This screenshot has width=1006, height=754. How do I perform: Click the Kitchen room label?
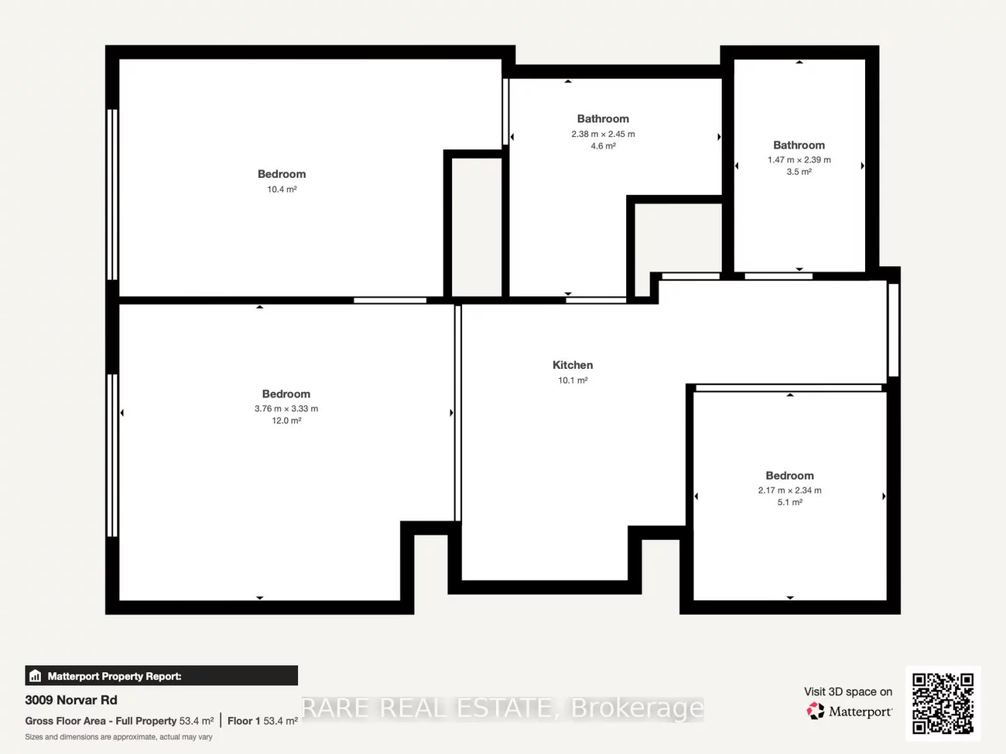point(573,365)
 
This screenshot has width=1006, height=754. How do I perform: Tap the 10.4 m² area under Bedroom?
point(282,189)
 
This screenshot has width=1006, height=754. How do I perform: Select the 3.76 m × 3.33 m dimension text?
point(286,409)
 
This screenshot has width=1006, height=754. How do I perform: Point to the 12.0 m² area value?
point(286,421)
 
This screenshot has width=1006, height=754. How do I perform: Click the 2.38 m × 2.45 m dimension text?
point(603,135)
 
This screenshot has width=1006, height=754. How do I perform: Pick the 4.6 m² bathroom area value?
point(603,146)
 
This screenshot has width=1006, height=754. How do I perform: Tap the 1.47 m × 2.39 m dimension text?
point(799,160)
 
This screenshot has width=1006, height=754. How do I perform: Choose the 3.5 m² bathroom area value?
point(799,172)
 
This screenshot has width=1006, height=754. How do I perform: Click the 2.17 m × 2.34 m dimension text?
point(789,490)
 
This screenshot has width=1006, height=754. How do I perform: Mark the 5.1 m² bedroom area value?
point(789,503)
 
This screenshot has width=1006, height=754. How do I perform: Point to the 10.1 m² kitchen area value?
point(573,380)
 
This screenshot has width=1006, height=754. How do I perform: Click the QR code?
point(943,703)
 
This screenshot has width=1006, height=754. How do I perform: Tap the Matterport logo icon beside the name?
point(816,711)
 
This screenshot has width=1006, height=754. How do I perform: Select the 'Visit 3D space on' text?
point(847,692)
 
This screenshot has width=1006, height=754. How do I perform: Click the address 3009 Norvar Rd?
point(71,700)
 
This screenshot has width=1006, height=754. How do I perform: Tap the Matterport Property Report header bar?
point(161,676)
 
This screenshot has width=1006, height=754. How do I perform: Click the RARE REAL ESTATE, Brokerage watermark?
point(502,708)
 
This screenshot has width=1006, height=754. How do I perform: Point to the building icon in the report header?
point(35,676)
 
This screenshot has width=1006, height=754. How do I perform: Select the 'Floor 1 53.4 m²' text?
point(262,721)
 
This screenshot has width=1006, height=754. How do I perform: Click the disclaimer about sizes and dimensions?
point(118,737)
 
